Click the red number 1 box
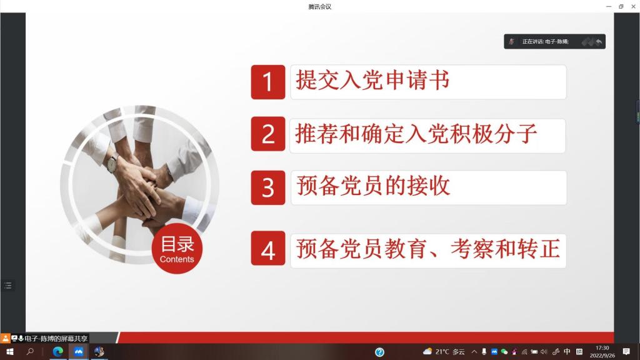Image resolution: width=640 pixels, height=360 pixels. tap(268, 82)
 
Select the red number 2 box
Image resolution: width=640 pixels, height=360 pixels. tap(268, 134)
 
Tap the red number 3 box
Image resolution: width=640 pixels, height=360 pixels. tap(268, 187)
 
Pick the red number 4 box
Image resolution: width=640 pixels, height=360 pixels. tap(268, 248)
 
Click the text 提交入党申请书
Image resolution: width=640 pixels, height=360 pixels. tap(372, 80)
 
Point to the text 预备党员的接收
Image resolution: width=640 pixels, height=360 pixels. tap(373, 186)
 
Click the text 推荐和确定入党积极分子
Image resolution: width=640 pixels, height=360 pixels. tap(416, 134)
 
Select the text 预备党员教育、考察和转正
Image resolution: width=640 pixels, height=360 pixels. tap(427, 249)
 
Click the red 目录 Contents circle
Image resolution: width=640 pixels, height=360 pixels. tap(177, 249)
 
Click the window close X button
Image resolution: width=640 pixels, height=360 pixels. tap(633, 6)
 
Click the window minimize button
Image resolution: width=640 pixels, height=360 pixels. tap(609, 6)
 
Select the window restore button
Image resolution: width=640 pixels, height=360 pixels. tap(621, 6)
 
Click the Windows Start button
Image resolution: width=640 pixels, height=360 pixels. tap(10, 351)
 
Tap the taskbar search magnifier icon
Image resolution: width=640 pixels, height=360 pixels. tap(30, 351)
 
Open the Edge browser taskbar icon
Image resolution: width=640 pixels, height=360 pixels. tap(57, 351)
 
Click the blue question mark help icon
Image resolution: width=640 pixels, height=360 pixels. tap(379, 352)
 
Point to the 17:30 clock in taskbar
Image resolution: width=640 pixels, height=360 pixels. tap(602, 348)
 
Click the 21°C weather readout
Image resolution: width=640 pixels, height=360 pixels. tap(442, 352)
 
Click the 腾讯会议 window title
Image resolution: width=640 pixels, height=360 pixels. tap(320, 6)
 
